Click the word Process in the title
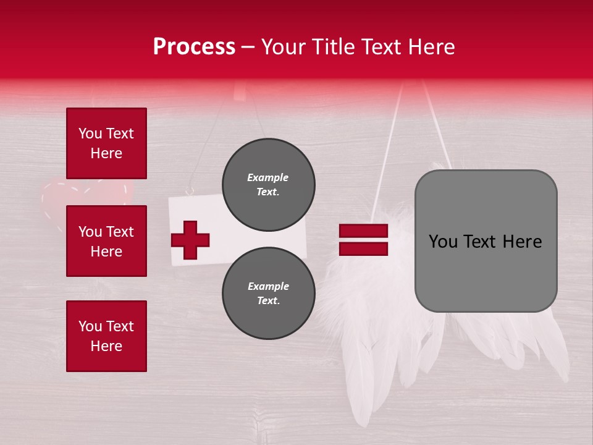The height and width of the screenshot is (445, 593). pyautogui.click(x=194, y=47)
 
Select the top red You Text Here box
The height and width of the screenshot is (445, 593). pyautogui.click(x=106, y=143)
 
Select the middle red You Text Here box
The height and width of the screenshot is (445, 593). pyautogui.click(x=106, y=241)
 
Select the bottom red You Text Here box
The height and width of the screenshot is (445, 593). pyautogui.click(x=106, y=336)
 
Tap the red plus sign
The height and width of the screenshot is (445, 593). pyautogui.click(x=190, y=240)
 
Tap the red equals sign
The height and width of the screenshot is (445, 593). pyautogui.click(x=363, y=240)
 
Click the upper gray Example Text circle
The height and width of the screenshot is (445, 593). pyautogui.click(x=268, y=185)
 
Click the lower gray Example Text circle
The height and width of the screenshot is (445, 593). pyautogui.click(x=268, y=294)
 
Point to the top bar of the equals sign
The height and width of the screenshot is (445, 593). pyautogui.click(x=363, y=231)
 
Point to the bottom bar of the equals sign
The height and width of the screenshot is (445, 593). pyautogui.click(x=363, y=248)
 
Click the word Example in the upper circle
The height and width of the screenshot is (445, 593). pyautogui.click(x=268, y=177)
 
